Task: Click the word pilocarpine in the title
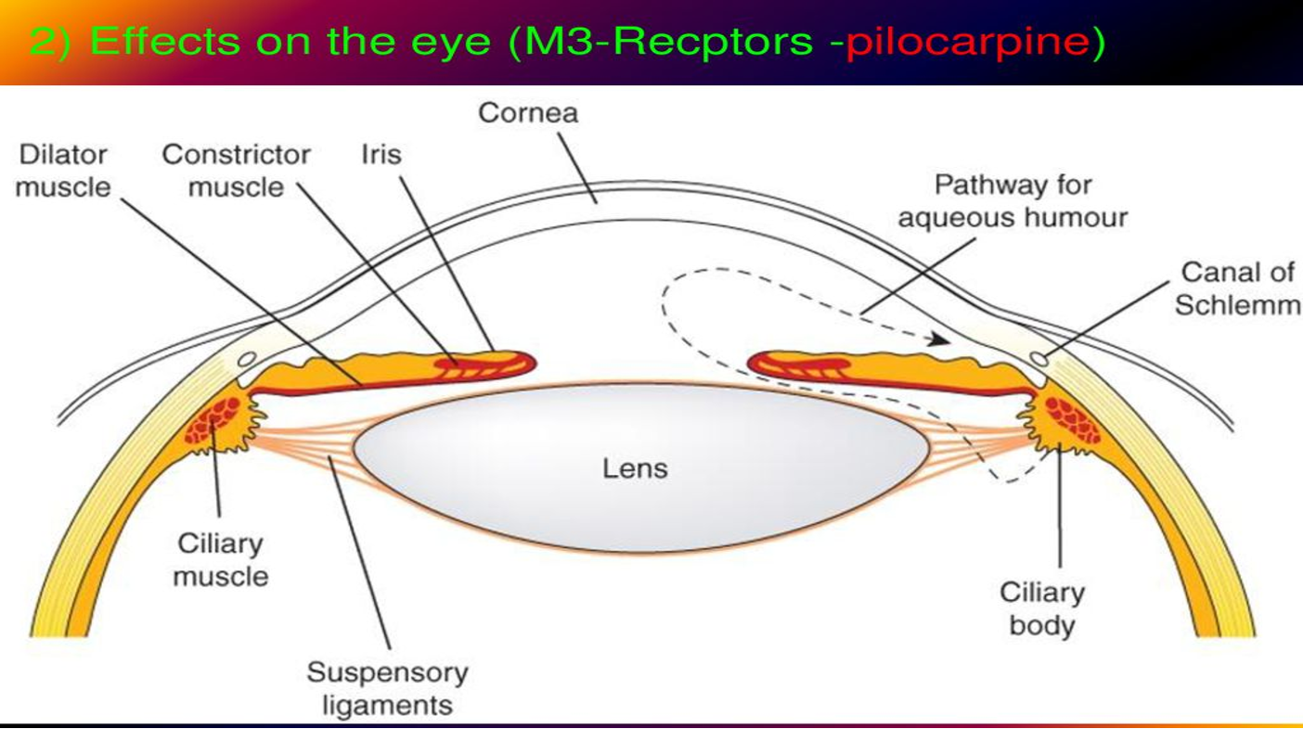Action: coord(974,43)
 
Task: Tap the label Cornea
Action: coord(528,113)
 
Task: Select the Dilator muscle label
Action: coord(62,171)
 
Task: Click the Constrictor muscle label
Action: coord(236,171)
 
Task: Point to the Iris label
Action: coord(381,154)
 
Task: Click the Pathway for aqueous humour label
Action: coord(1013,201)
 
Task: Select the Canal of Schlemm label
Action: coord(1238,288)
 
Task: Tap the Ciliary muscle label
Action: coord(221,560)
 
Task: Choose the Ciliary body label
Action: coord(1041,608)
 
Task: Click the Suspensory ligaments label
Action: coord(387,688)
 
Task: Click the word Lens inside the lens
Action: coord(635,468)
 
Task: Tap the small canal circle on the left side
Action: coord(246,359)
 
